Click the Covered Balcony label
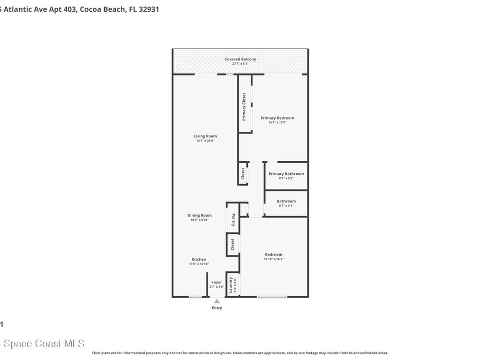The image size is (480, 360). [240, 60]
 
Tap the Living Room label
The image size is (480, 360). [205, 136]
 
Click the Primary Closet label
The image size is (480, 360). [244, 107]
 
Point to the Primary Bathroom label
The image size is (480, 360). [286, 174]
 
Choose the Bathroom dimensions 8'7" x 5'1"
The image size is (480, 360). [286, 205]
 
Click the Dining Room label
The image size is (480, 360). [200, 216]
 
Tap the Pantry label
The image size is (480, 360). [232, 219]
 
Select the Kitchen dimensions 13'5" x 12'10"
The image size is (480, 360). [199, 264]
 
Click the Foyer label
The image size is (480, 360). [217, 282]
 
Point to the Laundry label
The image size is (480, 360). [231, 285]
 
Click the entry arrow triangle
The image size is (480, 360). [217, 301]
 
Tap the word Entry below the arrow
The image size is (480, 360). [217, 308]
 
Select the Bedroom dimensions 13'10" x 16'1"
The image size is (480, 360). [273, 259]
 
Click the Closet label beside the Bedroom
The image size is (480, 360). [232, 245]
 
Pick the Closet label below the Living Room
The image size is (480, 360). [242, 174]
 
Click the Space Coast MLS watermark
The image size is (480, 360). [42, 344]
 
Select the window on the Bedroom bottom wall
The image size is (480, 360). [272, 297]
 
